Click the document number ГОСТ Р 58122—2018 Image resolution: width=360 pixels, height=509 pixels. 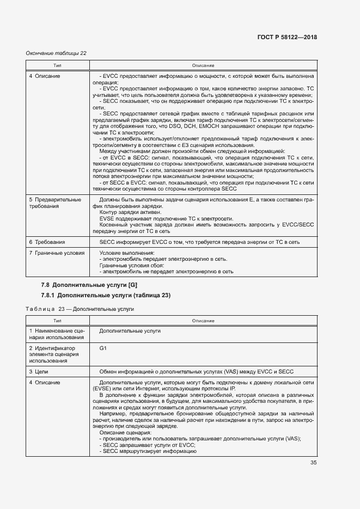(x=287, y=38)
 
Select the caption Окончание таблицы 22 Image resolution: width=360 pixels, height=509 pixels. (x=56, y=53)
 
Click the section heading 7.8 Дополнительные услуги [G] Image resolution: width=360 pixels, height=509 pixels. (x=89, y=285)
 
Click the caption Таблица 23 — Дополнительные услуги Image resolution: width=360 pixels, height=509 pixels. (x=80, y=309)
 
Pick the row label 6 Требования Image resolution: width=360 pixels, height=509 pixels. (x=47, y=242)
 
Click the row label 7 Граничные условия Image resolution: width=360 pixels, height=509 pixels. (x=57, y=253)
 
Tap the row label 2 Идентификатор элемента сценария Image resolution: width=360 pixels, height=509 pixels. (x=54, y=354)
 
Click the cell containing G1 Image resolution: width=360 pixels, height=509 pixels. (x=103, y=347)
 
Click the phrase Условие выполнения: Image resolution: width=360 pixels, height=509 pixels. (x=127, y=253)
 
